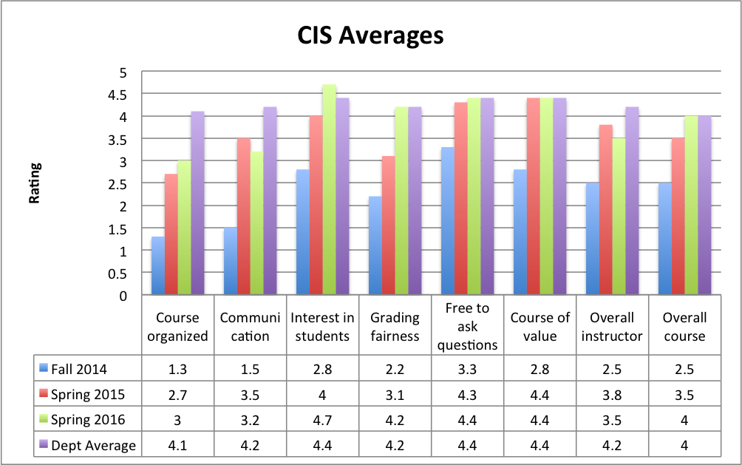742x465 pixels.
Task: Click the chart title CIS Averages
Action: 370,35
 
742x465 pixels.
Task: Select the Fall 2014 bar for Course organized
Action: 158,266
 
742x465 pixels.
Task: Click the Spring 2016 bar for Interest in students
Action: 330,190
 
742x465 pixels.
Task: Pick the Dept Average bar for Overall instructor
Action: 632,201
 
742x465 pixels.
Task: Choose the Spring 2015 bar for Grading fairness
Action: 389,225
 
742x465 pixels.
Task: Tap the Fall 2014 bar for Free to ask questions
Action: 447,221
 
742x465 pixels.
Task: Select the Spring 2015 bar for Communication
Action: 244,217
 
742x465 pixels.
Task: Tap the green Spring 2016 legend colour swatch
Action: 44,420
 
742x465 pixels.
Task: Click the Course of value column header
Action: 540,327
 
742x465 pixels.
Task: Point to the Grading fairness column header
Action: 395,327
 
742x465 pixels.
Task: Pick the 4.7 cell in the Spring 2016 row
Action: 322,419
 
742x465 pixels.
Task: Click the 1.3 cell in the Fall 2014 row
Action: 177,367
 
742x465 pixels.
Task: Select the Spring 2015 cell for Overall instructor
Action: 612,393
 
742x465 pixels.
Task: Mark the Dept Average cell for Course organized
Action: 177,445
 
